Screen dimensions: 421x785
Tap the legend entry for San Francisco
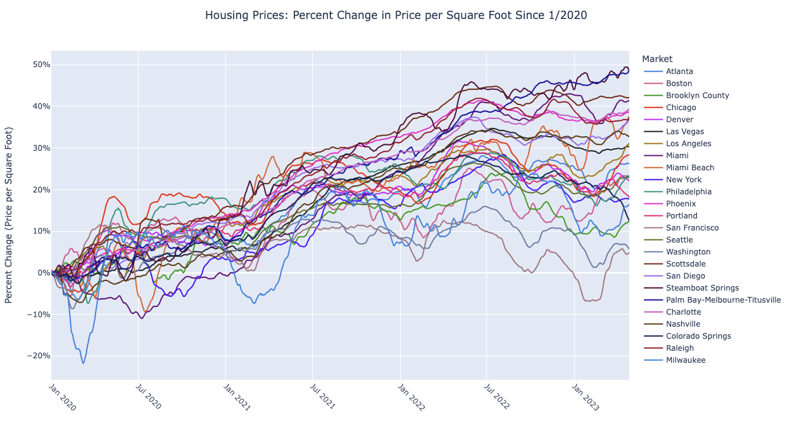point(692,228)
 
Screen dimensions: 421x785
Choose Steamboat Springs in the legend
point(702,288)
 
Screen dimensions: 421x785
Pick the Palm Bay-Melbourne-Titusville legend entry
point(723,300)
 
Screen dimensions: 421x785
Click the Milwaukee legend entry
point(685,360)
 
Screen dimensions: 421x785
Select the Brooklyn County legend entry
point(697,96)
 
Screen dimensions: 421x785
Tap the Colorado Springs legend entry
point(698,336)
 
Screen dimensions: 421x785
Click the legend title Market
point(657,59)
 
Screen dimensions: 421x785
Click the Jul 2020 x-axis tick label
point(148,398)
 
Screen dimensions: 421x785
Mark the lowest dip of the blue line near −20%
point(83,363)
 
